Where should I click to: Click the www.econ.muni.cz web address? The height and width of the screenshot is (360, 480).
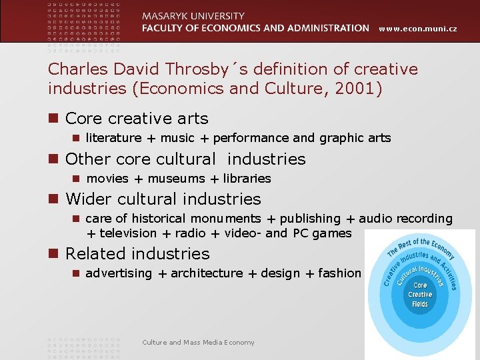pos(419,29)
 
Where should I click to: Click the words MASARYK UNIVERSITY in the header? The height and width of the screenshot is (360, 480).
pos(193,16)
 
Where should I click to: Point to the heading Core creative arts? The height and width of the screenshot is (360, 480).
pos(137,119)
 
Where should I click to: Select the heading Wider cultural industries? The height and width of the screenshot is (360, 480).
pos(163,199)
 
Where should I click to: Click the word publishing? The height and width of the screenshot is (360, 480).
pos(310,219)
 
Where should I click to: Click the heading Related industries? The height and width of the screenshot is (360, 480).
pos(137,253)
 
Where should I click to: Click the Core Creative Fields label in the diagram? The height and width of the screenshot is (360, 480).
pos(420,294)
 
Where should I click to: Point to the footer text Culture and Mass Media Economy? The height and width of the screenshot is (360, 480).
pos(198,342)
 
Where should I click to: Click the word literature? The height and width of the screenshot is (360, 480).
pos(113,138)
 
